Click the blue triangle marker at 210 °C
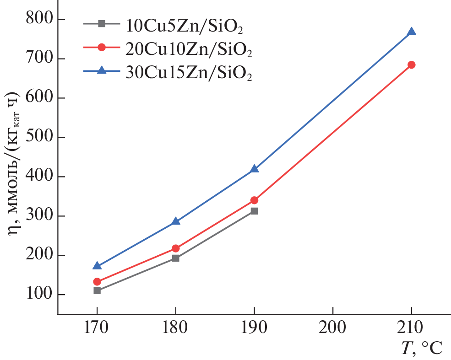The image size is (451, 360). (x=411, y=32)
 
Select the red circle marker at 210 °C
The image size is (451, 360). (x=411, y=65)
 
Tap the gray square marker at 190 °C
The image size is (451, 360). (x=254, y=211)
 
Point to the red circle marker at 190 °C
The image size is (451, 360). (x=254, y=200)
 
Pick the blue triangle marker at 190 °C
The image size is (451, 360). (x=254, y=169)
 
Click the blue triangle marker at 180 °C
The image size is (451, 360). (x=176, y=221)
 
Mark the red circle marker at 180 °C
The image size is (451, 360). (x=176, y=248)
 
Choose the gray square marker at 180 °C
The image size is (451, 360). (x=176, y=258)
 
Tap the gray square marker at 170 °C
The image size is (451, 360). (x=97, y=290)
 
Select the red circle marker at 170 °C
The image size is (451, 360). (x=97, y=282)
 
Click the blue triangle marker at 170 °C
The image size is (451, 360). (x=97, y=266)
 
